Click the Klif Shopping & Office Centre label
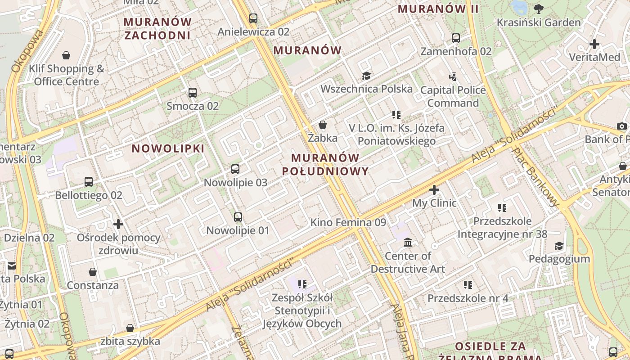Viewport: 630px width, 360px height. pos(67,75)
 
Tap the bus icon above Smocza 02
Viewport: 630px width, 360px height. pos(193,93)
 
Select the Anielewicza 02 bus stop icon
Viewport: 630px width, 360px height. pos(253,18)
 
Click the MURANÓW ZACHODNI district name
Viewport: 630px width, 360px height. pos(157,28)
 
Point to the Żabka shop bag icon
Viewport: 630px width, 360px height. pos(323,125)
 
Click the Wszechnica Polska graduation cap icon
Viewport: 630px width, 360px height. pos(366,76)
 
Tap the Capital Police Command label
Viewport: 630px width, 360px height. pos(453,96)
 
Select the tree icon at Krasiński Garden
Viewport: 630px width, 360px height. pos(538,9)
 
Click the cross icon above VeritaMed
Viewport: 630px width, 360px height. pos(594,44)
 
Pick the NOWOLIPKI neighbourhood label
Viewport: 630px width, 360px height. pos(168,148)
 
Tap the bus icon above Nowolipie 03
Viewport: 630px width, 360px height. pos(235,169)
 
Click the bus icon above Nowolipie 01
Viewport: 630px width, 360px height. pos(238,217)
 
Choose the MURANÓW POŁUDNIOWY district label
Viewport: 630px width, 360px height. pos(325,164)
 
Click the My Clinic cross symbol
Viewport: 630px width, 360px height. pos(434,190)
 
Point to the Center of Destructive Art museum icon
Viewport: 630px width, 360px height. pos(408,243)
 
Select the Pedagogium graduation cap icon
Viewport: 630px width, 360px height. pos(559,246)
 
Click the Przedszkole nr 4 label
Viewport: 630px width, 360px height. pos(468,298)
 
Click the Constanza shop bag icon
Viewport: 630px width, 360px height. pos(93,272)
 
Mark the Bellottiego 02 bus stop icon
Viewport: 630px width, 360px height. pos(89,182)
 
